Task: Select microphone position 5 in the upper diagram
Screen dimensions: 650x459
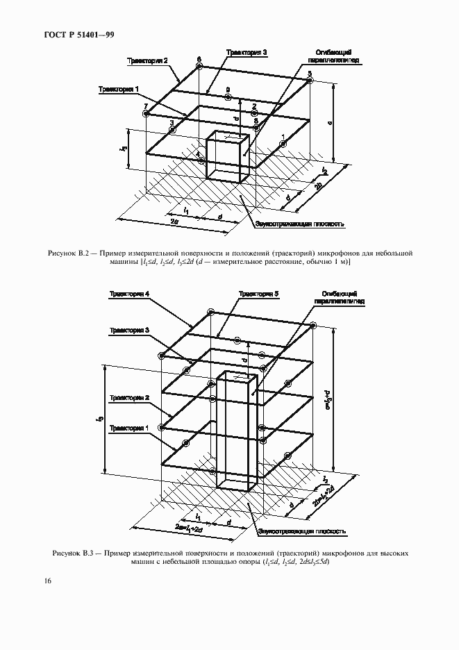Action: tap(310, 81)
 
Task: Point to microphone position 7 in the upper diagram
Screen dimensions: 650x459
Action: tap(146, 114)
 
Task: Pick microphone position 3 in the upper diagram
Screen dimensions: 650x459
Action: tap(172, 129)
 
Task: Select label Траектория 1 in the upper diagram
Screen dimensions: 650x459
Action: tap(119, 89)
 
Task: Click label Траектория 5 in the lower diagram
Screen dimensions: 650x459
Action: tap(258, 294)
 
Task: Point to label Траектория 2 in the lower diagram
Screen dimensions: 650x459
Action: tap(128, 397)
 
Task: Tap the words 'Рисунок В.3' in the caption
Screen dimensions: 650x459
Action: tap(74, 553)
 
